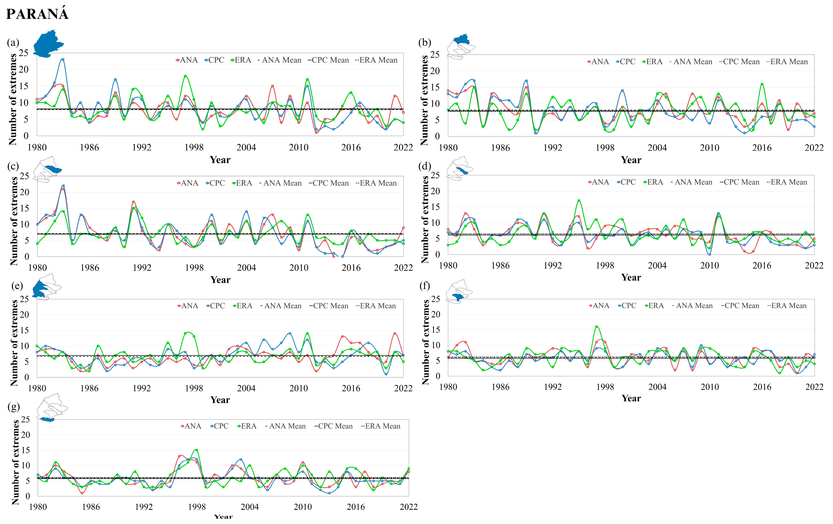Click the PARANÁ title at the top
(37, 14)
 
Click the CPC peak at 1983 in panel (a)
(63, 60)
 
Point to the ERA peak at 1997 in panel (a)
(185, 76)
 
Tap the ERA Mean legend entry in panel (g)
(381, 426)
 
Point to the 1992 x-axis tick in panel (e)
(142, 388)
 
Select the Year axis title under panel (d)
(631, 278)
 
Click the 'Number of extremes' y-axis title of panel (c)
(14, 221)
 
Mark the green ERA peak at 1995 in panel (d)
(579, 200)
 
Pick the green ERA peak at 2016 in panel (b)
(762, 84)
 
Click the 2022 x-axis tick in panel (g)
(409, 507)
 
